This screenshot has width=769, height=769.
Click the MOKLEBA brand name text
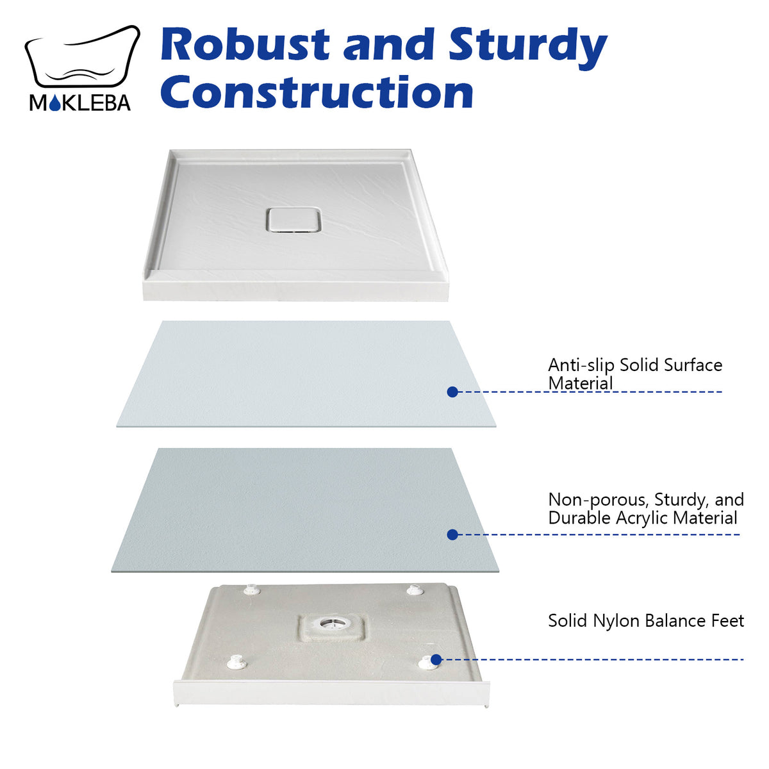click(80, 103)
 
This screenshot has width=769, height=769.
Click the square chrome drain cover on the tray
click(293, 219)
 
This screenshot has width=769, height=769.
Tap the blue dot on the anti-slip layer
click(452, 392)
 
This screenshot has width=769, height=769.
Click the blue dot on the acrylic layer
click(452, 534)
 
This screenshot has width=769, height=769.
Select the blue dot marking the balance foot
click(436, 659)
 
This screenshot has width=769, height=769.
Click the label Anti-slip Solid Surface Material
click(634, 374)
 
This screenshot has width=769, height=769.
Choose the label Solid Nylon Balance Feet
click(646, 620)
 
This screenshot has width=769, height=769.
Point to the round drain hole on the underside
click(332, 622)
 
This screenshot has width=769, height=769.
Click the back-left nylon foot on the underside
click(252, 588)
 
